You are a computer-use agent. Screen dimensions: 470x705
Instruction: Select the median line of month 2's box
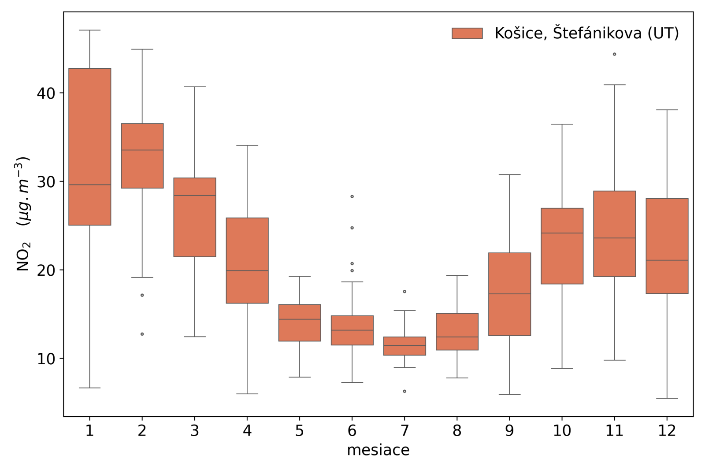(142, 150)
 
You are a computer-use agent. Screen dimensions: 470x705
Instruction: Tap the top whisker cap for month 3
(195, 87)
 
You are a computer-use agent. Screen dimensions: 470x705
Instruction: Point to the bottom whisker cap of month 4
(247, 394)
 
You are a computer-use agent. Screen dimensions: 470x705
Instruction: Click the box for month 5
(300, 323)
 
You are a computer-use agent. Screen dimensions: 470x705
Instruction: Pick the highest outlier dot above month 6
(352, 196)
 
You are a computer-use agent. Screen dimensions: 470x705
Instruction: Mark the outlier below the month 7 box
(404, 391)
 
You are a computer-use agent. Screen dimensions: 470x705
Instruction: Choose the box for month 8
(457, 332)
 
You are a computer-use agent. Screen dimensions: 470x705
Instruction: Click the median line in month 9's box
(509, 294)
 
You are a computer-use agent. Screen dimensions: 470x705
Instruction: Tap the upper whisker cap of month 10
(562, 124)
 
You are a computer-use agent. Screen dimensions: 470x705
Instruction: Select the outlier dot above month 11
(615, 54)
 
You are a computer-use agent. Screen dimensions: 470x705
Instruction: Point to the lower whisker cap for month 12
(667, 398)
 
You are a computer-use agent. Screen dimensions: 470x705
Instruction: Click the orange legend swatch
(467, 33)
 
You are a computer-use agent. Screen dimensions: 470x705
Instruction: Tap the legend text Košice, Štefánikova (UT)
(586, 33)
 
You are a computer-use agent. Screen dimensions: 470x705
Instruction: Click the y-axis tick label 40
(46, 93)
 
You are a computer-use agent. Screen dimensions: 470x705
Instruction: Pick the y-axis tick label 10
(46, 359)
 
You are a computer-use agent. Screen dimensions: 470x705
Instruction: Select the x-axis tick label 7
(404, 431)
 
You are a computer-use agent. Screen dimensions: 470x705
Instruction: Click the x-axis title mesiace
(378, 450)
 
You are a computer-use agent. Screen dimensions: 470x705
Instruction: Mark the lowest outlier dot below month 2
(142, 334)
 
